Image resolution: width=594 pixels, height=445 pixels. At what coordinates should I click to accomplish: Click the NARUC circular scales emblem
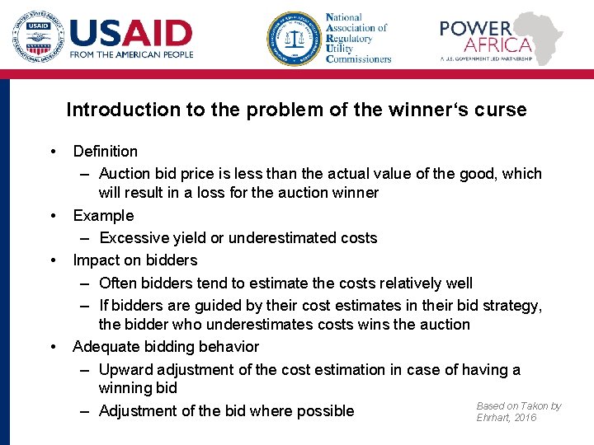tap(293, 38)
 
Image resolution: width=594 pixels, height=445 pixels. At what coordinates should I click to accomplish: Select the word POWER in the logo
tap(475, 28)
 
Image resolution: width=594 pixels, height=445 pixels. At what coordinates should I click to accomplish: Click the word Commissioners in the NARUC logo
tap(358, 59)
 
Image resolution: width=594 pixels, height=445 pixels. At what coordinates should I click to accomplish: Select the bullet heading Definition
tap(105, 151)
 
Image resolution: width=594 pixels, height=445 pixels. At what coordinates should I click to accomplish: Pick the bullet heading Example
tap(103, 215)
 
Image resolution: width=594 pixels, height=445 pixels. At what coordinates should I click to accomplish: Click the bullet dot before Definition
tap(53, 151)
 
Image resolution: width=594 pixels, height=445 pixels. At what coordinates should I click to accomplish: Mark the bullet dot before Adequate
tap(53, 347)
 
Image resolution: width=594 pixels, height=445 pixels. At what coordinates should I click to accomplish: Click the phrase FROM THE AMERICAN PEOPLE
tap(131, 54)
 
